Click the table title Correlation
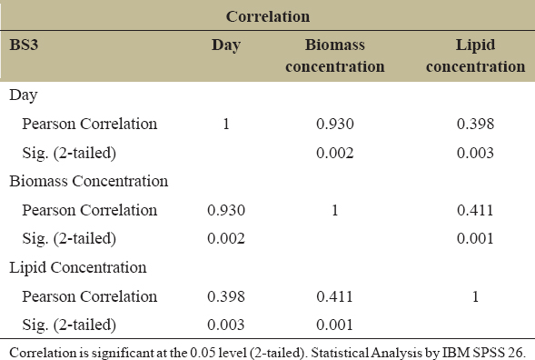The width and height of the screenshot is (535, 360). pyautogui.click(x=268, y=16)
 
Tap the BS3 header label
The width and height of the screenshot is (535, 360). pyautogui.click(x=24, y=45)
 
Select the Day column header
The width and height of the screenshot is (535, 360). pyautogui.click(x=226, y=45)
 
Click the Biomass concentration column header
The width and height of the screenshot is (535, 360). pyautogui.click(x=335, y=55)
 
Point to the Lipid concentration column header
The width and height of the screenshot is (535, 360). pyautogui.click(x=476, y=55)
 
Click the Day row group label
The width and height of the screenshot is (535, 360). pyautogui.click(x=24, y=95)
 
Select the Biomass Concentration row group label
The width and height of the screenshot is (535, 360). pyautogui.click(x=89, y=181)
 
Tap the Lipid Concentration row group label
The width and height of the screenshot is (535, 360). pyautogui.click(x=78, y=268)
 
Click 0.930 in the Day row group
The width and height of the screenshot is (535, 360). pyautogui.click(x=335, y=124)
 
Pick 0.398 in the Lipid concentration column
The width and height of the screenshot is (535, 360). pyautogui.click(x=476, y=124)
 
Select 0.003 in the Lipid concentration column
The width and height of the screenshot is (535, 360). pyautogui.click(x=476, y=153)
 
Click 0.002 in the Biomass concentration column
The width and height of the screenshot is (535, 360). pyautogui.click(x=335, y=153)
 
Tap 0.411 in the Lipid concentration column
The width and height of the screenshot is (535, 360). pyautogui.click(x=476, y=210)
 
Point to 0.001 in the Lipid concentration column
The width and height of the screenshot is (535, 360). pyautogui.click(x=476, y=238)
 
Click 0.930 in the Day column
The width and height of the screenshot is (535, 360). pyautogui.click(x=226, y=210)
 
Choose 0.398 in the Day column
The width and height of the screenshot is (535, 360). pyautogui.click(x=226, y=296)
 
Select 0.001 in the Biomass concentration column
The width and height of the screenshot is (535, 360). pyautogui.click(x=335, y=325)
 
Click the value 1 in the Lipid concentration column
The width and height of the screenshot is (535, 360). pyautogui.click(x=476, y=296)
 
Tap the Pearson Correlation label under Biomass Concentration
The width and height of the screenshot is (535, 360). pyautogui.click(x=90, y=210)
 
